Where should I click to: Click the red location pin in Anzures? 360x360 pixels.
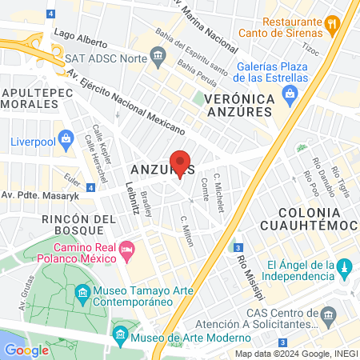pos(180,162)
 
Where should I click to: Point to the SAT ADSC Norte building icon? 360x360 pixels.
pos(158,54)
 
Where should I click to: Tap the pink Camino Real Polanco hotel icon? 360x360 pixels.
pos(126,253)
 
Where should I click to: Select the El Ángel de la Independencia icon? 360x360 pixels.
pos(343,266)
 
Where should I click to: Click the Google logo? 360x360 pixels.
pos(26,350)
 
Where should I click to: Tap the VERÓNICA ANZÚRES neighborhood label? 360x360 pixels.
pos(239,106)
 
